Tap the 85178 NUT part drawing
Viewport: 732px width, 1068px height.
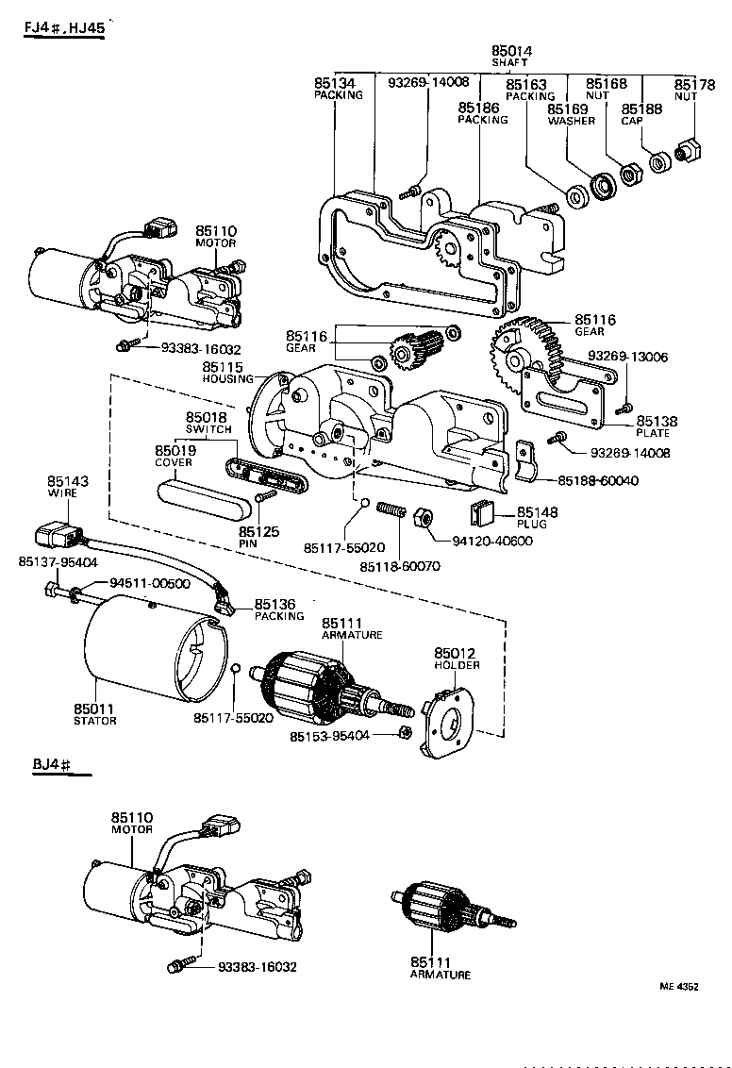687,149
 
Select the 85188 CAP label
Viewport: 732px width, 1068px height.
641,114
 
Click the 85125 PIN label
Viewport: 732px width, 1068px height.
258,538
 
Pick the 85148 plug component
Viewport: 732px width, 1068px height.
485,514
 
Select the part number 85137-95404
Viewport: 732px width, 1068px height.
58,562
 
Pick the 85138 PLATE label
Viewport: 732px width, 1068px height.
657,426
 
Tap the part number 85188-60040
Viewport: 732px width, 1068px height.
597,481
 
